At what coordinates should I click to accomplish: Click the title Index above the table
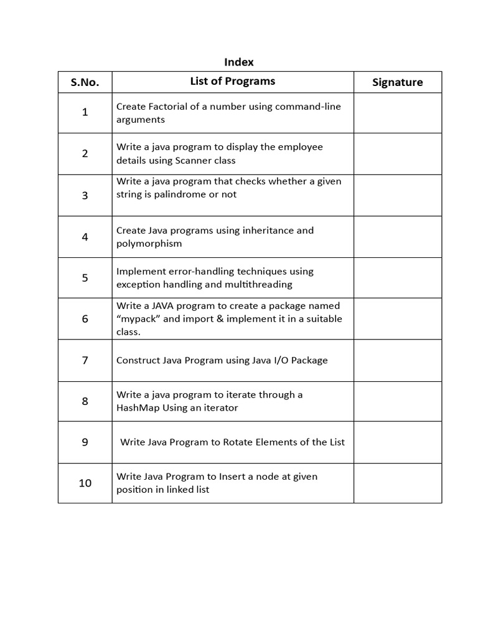pos(238,62)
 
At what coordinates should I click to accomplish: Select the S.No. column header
pos(85,82)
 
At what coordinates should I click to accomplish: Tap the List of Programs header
pos(232,81)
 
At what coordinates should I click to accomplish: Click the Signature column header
pos(397,82)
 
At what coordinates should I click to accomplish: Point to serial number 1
pos(85,112)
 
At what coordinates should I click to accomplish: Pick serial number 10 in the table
pos(85,483)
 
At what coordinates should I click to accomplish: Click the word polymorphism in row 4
pos(149,244)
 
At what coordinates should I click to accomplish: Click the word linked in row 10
pos(179,490)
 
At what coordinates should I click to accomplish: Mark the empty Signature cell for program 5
pos(397,278)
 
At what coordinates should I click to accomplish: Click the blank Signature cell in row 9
pos(397,442)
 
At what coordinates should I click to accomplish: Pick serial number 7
pos(85,360)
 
